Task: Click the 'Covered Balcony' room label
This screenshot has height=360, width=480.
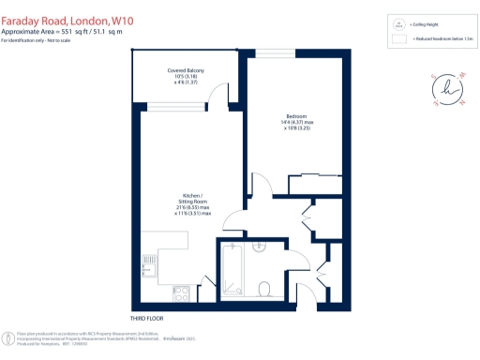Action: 186,71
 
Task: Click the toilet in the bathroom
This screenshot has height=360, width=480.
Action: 265,287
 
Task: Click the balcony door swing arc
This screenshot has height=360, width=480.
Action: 217,93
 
